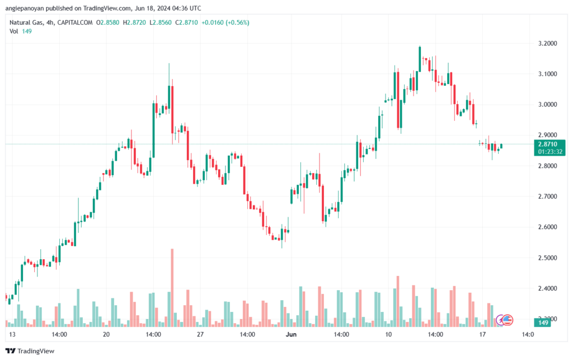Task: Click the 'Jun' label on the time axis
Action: click(292, 334)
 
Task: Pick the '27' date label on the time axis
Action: click(200, 334)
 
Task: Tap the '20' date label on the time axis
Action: click(106, 334)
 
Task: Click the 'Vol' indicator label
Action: click(14, 31)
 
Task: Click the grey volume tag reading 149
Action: click(542, 323)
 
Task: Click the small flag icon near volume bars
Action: click(508, 320)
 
